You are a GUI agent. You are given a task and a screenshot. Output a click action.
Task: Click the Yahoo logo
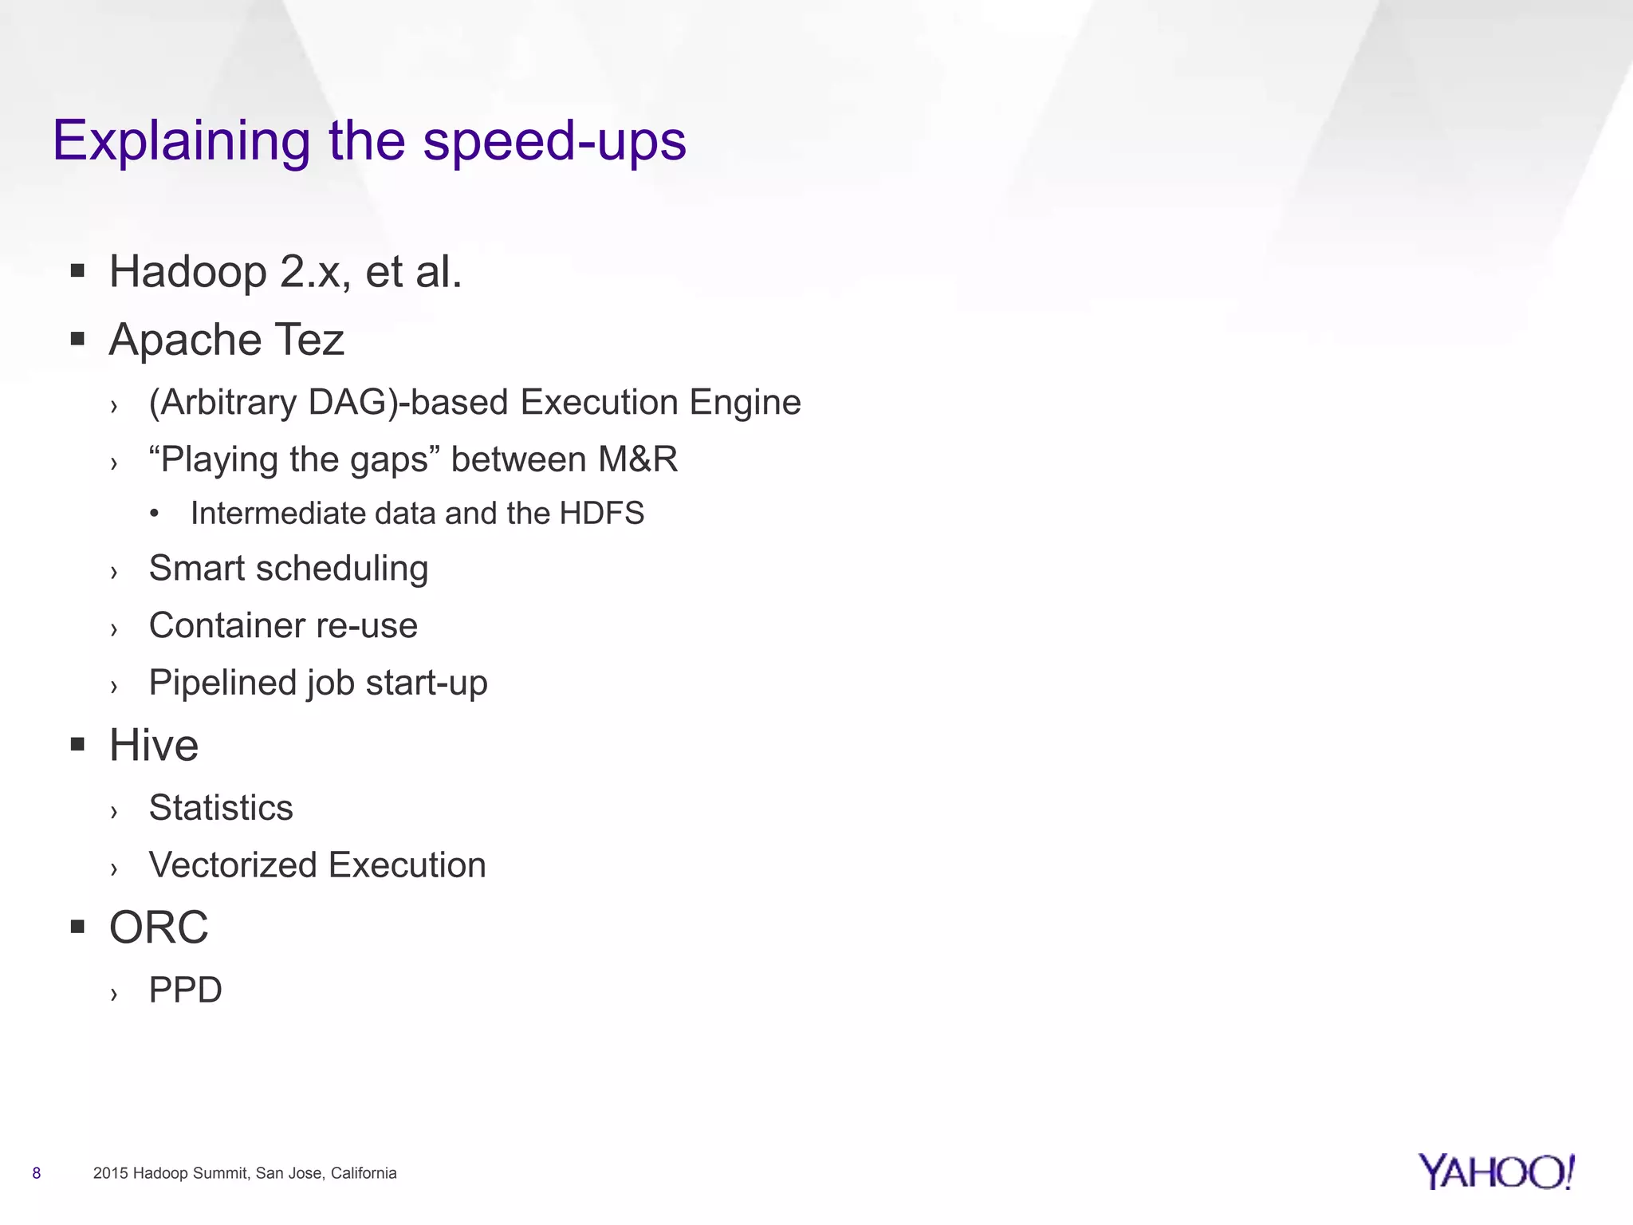tap(1496, 1172)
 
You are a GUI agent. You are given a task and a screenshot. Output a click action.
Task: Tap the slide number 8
tap(37, 1173)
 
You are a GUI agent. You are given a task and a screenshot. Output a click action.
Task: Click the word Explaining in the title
tap(181, 141)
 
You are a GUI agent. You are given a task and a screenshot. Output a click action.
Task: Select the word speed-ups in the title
tap(554, 141)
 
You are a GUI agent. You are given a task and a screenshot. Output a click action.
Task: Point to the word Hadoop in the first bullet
tap(188, 272)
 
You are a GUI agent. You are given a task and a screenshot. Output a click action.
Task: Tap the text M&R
tap(638, 459)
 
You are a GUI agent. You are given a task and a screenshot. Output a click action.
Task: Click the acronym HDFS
tap(601, 514)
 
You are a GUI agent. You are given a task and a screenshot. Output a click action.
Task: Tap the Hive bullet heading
tap(154, 746)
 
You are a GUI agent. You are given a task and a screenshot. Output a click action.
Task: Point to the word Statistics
tap(221, 808)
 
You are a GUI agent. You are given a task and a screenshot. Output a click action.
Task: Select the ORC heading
tap(159, 928)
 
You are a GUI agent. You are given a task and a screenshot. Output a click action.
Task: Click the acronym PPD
tap(186, 991)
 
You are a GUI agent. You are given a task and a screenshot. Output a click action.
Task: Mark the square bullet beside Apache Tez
tap(77, 340)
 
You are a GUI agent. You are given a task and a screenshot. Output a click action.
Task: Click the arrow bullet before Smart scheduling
tap(114, 572)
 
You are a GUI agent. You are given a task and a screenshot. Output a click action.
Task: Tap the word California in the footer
tap(364, 1173)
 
